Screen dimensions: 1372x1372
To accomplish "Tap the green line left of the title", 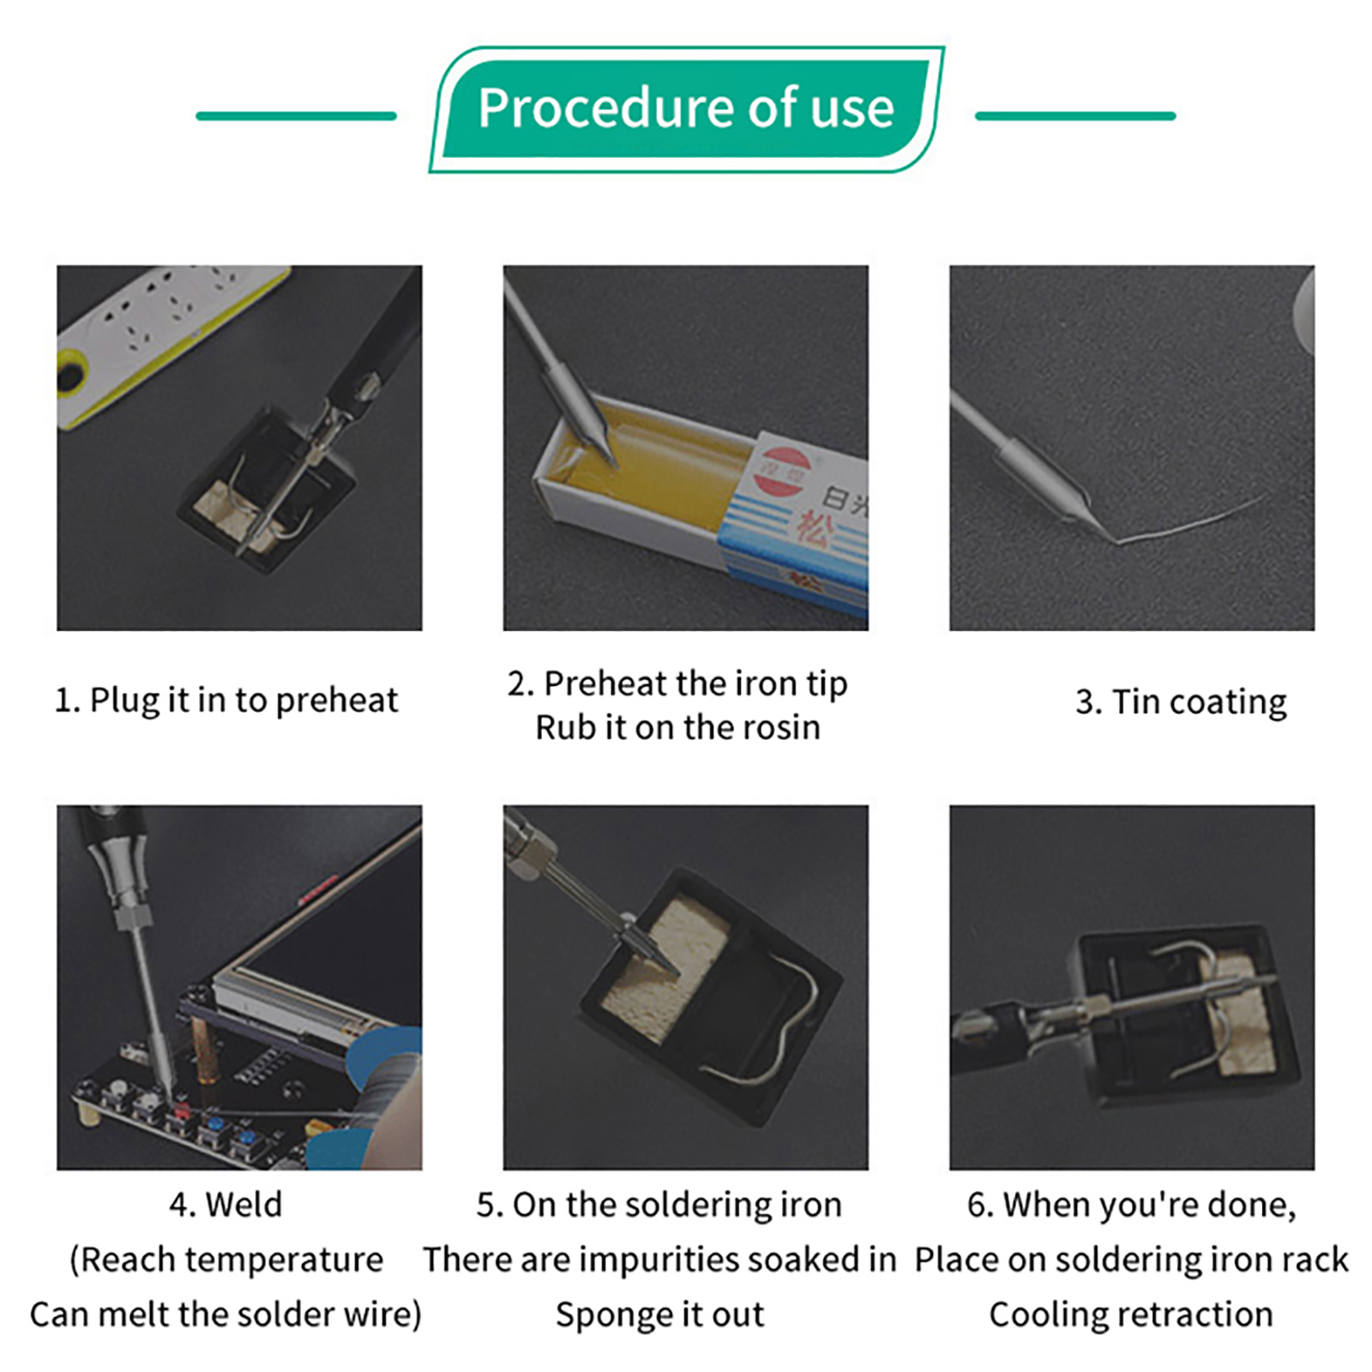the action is pos(296,116).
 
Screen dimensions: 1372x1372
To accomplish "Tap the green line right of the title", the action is pos(1075,116).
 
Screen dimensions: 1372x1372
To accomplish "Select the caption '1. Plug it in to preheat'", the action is pos(226,701).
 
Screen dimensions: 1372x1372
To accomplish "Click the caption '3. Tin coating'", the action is pos(1181,702).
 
